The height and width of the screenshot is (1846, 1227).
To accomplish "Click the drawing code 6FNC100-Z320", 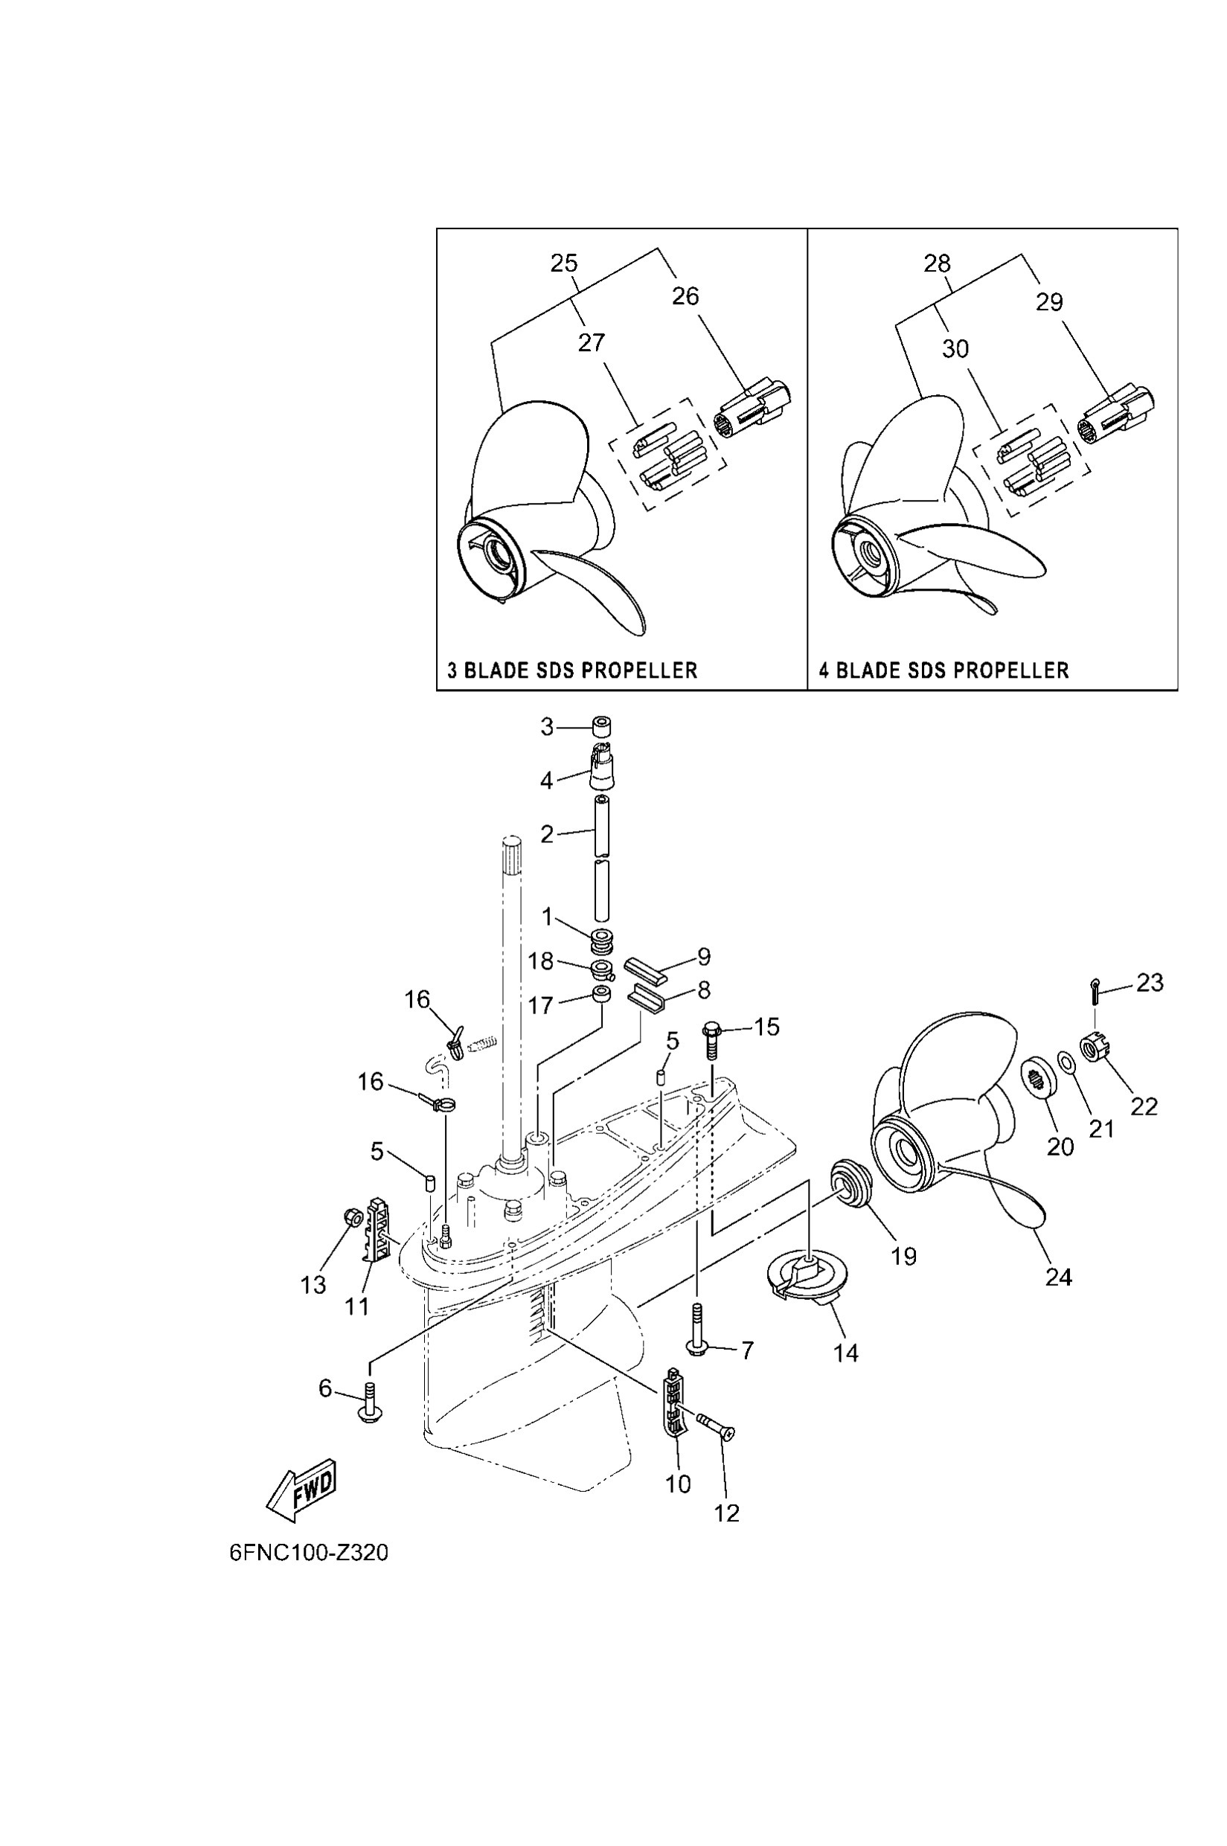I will click(308, 1553).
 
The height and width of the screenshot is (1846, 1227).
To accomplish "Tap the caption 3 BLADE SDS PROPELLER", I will click(572, 670).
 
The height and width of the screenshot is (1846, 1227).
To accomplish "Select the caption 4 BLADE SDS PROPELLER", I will click(944, 670).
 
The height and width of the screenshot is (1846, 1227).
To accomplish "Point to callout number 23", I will click(1150, 982).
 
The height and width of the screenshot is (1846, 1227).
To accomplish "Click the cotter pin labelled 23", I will click(1095, 990).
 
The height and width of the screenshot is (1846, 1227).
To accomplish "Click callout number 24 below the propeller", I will click(1058, 1277).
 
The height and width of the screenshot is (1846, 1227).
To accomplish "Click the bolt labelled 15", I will click(712, 1035).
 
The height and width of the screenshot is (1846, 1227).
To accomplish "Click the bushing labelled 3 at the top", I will click(601, 727).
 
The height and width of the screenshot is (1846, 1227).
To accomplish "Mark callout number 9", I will click(703, 956).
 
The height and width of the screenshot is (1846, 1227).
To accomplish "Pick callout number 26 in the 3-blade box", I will click(685, 297).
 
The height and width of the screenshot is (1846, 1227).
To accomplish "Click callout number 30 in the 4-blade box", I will click(955, 349).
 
